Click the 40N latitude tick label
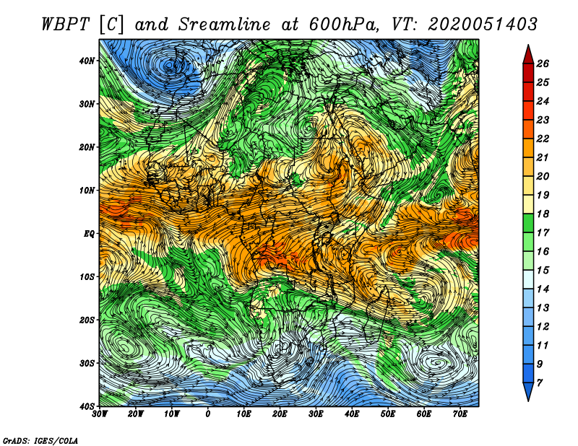(x=87, y=61)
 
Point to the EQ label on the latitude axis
(x=89, y=234)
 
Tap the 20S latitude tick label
(x=87, y=320)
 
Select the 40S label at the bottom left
(x=87, y=406)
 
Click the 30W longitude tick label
(x=100, y=414)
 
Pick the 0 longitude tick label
(x=208, y=414)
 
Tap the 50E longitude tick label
(x=388, y=414)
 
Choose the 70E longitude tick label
(x=460, y=414)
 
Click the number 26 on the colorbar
(x=543, y=64)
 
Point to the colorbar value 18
(x=543, y=214)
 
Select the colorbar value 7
(x=540, y=383)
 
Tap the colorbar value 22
(x=543, y=139)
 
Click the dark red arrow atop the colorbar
(x=528, y=55)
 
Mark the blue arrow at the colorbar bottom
(x=528, y=392)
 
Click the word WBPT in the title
(x=66, y=25)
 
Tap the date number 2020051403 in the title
(x=483, y=25)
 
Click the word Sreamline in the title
(x=225, y=25)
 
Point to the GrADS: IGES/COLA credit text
(x=40, y=440)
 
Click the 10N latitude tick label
(x=87, y=191)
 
